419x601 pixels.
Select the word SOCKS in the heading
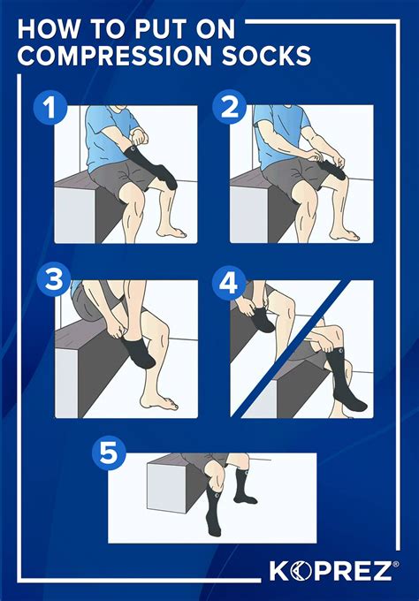pyautogui.click(x=268, y=56)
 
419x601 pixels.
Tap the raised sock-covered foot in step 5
pyautogui.click(x=245, y=495)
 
